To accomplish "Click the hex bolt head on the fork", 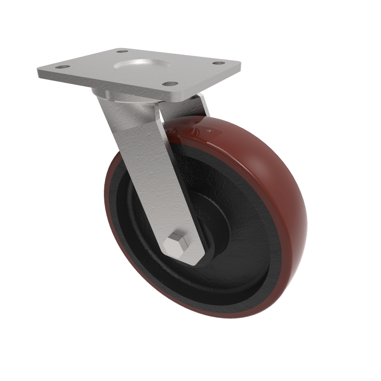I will pos(177,244).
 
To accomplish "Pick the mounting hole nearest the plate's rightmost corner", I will pos(218,63).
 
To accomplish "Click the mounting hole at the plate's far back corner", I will pos(122,51).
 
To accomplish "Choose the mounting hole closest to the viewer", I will pos(167,84).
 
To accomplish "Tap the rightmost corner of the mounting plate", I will pos(240,62).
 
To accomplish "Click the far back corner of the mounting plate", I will pos(118,48).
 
